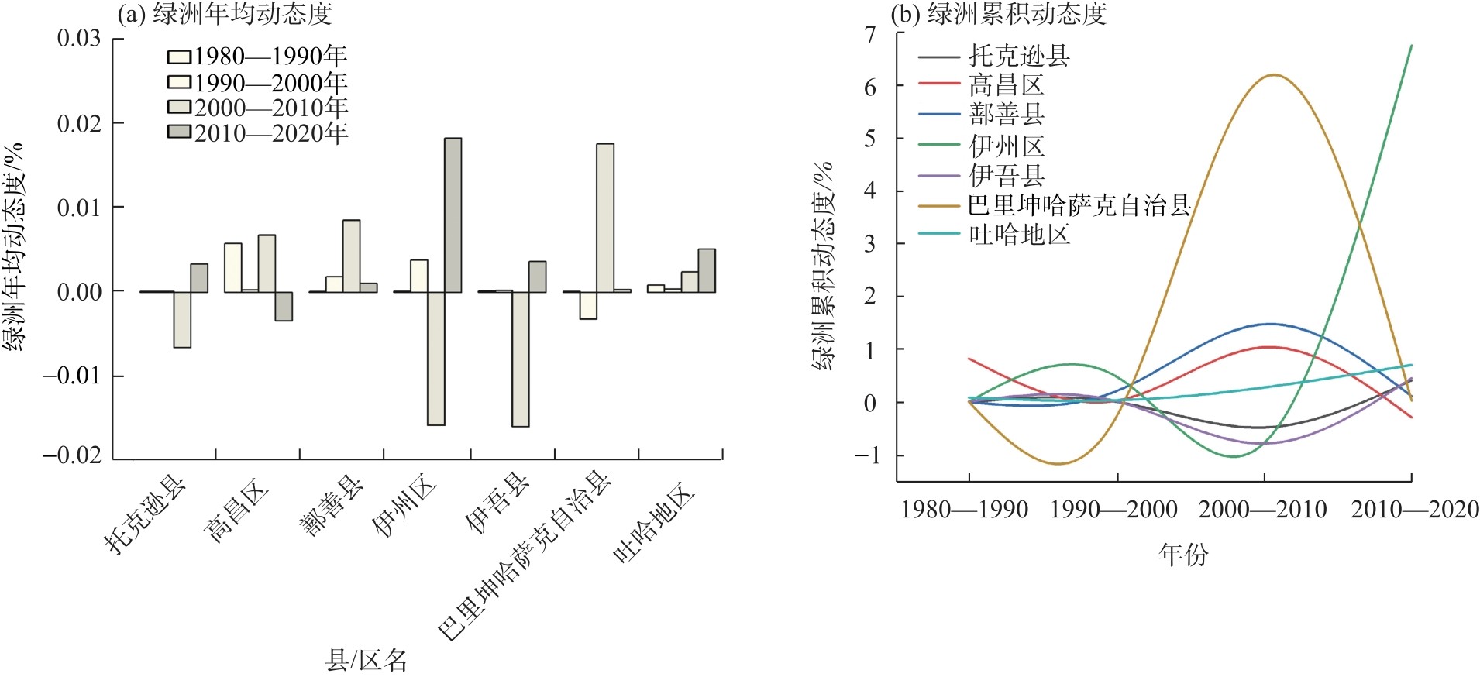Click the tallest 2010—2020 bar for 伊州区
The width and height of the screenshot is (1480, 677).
[453, 215]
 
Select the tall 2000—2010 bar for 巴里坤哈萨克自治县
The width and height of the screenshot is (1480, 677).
[605, 218]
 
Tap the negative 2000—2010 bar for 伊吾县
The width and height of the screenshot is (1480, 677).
[520, 359]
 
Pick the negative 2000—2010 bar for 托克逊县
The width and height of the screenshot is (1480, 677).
[182, 319]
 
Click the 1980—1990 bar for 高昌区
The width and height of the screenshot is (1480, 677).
[232, 267]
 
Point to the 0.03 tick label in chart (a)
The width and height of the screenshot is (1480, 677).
[79, 38]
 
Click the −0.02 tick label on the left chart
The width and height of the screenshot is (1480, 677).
[73, 455]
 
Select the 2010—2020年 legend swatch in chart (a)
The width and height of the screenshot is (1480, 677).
[179, 132]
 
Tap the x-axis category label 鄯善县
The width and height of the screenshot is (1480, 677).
[331, 505]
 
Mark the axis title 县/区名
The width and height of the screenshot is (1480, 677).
[366, 661]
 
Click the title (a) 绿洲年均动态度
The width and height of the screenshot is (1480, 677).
[224, 13]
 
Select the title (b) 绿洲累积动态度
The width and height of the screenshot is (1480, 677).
[999, 13]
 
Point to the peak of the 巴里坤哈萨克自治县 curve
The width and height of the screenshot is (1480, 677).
[1274, 75]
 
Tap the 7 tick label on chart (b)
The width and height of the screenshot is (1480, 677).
[870, 34]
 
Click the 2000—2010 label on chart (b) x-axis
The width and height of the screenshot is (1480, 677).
[1262, 510]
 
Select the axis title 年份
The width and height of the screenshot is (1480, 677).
[1183, 555]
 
